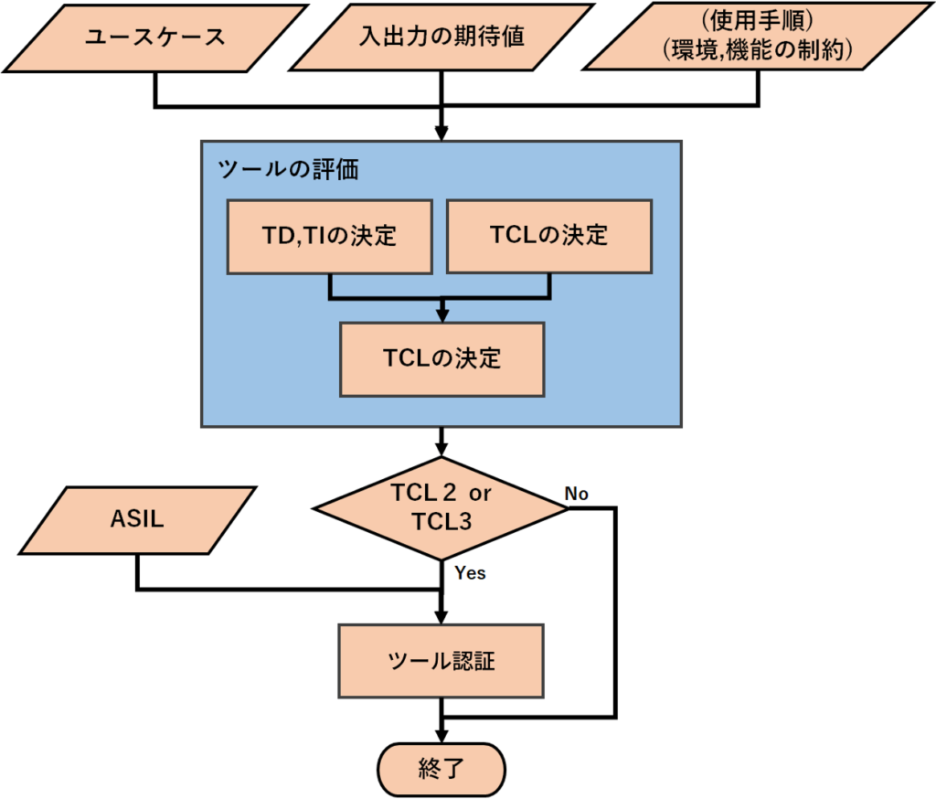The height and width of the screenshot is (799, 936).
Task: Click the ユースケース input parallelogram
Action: (155, 38)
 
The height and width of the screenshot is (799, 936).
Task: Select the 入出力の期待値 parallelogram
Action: (441, 38)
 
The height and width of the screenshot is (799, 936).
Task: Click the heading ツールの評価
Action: (288, 169)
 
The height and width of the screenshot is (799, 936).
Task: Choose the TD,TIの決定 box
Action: (330, 236)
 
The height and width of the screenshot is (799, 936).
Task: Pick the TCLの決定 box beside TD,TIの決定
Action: (548, 236)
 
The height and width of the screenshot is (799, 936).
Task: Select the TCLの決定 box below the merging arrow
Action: (442, 357)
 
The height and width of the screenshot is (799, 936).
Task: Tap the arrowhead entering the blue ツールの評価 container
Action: (442, 133)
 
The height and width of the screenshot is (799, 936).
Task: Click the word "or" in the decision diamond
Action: (481, 493)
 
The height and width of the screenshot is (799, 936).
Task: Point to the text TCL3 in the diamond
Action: (441, 522)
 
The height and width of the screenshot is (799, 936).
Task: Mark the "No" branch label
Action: (577, 494)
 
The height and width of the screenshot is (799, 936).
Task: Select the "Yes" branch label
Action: (470, 574)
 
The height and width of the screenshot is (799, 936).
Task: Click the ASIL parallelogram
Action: (136, 521)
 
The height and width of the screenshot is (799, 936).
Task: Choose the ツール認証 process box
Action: (441, 661)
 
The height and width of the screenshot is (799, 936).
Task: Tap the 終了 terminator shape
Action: (441, 767)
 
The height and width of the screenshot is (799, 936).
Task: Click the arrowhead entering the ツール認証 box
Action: (442, 617)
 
